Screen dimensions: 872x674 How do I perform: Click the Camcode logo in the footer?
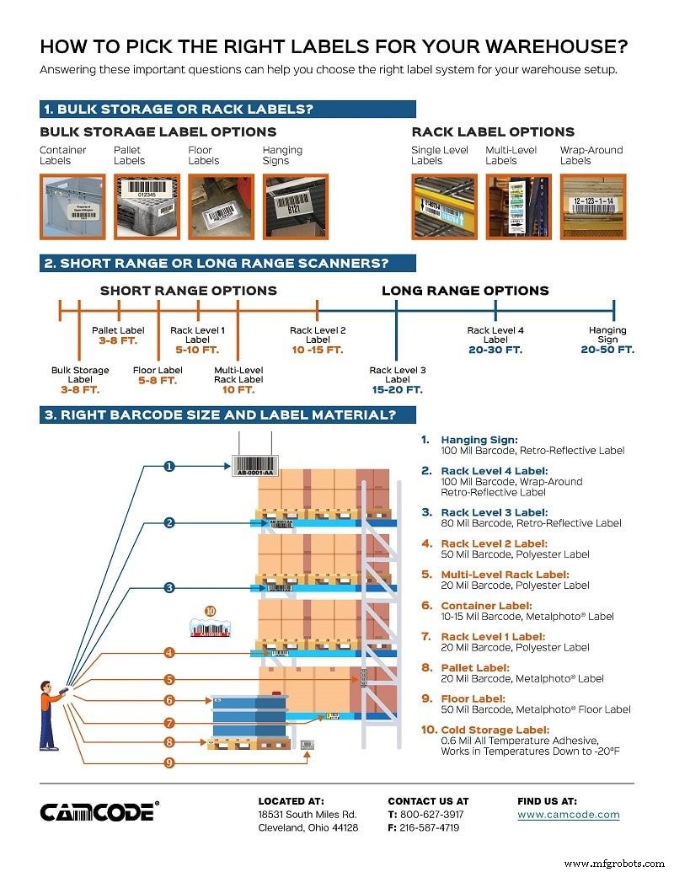pos(98,811)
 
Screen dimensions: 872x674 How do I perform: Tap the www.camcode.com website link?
pos(568,815)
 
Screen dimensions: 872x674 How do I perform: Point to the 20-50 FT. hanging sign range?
pos(607,350)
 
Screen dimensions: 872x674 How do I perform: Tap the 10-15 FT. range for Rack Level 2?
pos(318,350)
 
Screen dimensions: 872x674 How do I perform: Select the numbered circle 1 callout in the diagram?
pos(169,465)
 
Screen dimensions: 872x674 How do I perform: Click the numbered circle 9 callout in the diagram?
pos(169,762)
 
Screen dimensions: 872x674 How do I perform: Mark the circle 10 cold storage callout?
pos(211,611)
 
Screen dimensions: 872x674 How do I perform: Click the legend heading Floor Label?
pos(473,698)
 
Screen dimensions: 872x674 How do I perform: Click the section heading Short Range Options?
pos(188,291)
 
